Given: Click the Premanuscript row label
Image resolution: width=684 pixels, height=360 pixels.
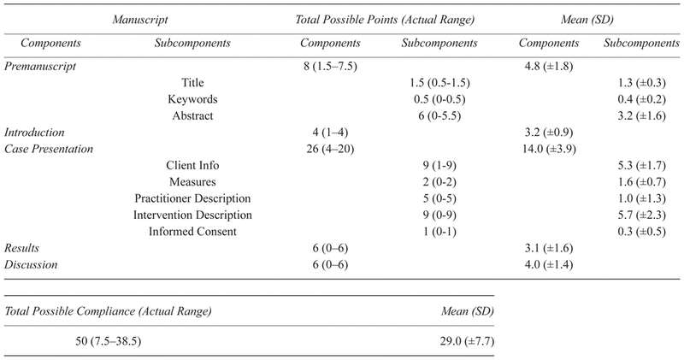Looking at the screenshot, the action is point(40,67).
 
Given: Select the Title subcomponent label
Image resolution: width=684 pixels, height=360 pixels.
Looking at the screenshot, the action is point(192,82).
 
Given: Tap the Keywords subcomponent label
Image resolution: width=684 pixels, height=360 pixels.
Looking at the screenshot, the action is point(192,99).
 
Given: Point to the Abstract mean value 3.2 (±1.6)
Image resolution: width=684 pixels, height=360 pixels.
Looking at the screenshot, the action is point(641,115).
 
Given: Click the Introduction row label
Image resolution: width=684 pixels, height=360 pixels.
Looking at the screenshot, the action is point(34,133).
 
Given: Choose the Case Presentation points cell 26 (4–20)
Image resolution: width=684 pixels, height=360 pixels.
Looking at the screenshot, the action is point(330,149).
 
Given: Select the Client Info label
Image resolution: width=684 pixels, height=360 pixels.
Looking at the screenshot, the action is point(192,165).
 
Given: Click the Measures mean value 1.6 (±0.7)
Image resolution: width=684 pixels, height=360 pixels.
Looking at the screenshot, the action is point(641,182).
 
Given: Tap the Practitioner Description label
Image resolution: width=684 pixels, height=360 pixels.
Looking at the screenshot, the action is point(192,198).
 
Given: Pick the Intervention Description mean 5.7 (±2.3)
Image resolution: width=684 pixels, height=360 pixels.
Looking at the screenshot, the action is point(641,215).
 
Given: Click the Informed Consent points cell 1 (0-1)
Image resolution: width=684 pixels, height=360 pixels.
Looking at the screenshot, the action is point(439,232).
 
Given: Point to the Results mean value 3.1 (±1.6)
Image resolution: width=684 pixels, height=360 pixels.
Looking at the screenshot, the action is point(549,248).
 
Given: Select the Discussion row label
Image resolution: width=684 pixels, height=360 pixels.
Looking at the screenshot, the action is point(31,265).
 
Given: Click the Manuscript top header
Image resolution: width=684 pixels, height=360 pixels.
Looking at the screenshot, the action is point(140,20).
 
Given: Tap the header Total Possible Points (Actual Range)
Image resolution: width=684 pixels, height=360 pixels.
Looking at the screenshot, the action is point(385,20).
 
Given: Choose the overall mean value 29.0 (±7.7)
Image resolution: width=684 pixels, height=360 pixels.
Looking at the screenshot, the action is point(467,341).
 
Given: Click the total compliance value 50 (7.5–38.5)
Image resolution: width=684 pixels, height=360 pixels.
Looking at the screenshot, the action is point(109,341).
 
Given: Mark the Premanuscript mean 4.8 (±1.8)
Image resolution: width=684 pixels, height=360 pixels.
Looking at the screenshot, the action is point(549,67).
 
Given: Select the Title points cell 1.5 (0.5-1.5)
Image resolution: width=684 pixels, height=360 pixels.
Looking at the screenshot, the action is point(439,82).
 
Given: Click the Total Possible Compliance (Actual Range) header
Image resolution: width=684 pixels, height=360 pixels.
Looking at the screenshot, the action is point(109,311).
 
